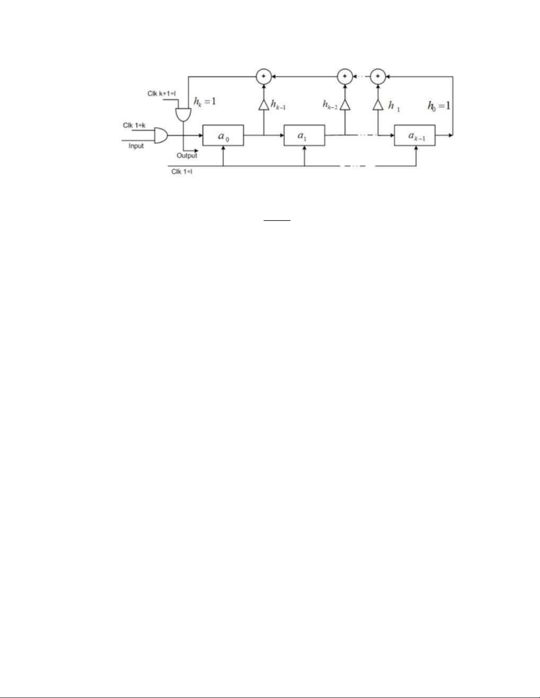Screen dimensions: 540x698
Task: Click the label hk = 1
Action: coord(205,102)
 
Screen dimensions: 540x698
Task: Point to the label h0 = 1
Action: coord(439,105)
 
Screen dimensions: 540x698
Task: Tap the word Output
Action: coord(187,155)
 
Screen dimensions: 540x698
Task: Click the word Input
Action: coord(136,146)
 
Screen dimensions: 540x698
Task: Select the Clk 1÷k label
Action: coord(134,125)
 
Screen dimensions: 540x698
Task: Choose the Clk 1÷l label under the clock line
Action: coord(182,172)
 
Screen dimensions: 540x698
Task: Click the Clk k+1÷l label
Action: coord(161,93)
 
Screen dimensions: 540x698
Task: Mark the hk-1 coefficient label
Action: coord(278,105)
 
